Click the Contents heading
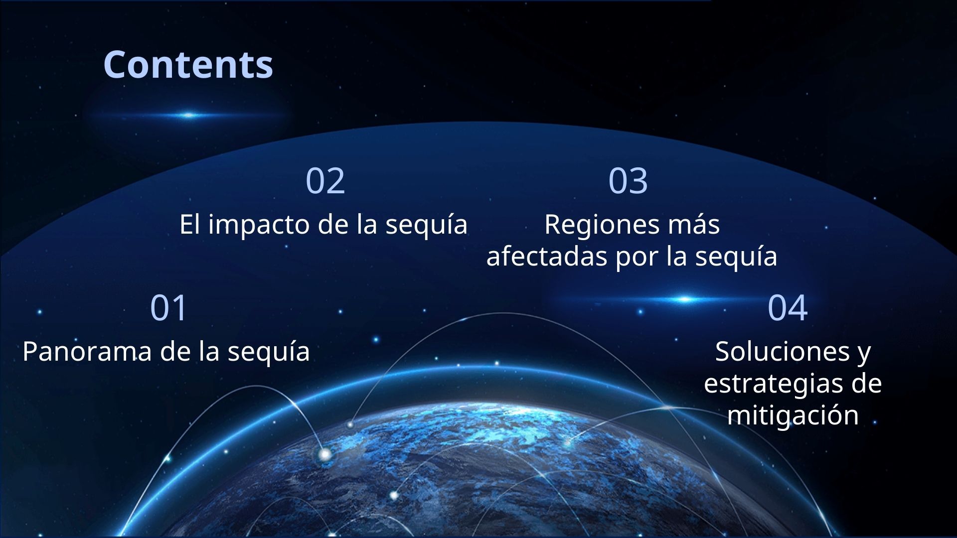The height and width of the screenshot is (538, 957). (188, 65)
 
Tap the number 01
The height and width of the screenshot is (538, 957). (168, 307)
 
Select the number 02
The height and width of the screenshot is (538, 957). (325, 180)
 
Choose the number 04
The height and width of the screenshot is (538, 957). (787, 307)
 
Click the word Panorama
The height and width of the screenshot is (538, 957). (87, 351)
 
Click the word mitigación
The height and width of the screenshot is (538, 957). (793, 415)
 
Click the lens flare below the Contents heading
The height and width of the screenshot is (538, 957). (188, 116)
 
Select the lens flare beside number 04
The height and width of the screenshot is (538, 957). (685, 299)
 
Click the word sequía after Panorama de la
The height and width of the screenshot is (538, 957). (269, 352)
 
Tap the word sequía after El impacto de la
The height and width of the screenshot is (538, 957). (426, 225)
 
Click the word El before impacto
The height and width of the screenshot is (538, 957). (189, 224)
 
